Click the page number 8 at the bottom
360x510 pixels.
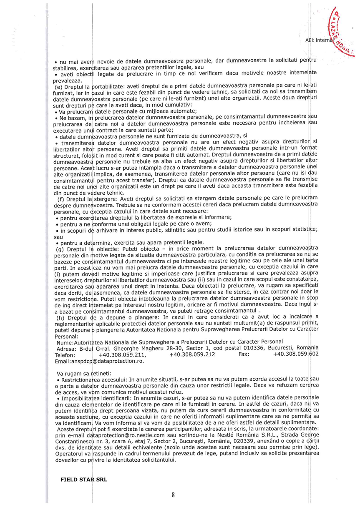(x=173, y=495)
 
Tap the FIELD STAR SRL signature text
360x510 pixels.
(x=84, y=480)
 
